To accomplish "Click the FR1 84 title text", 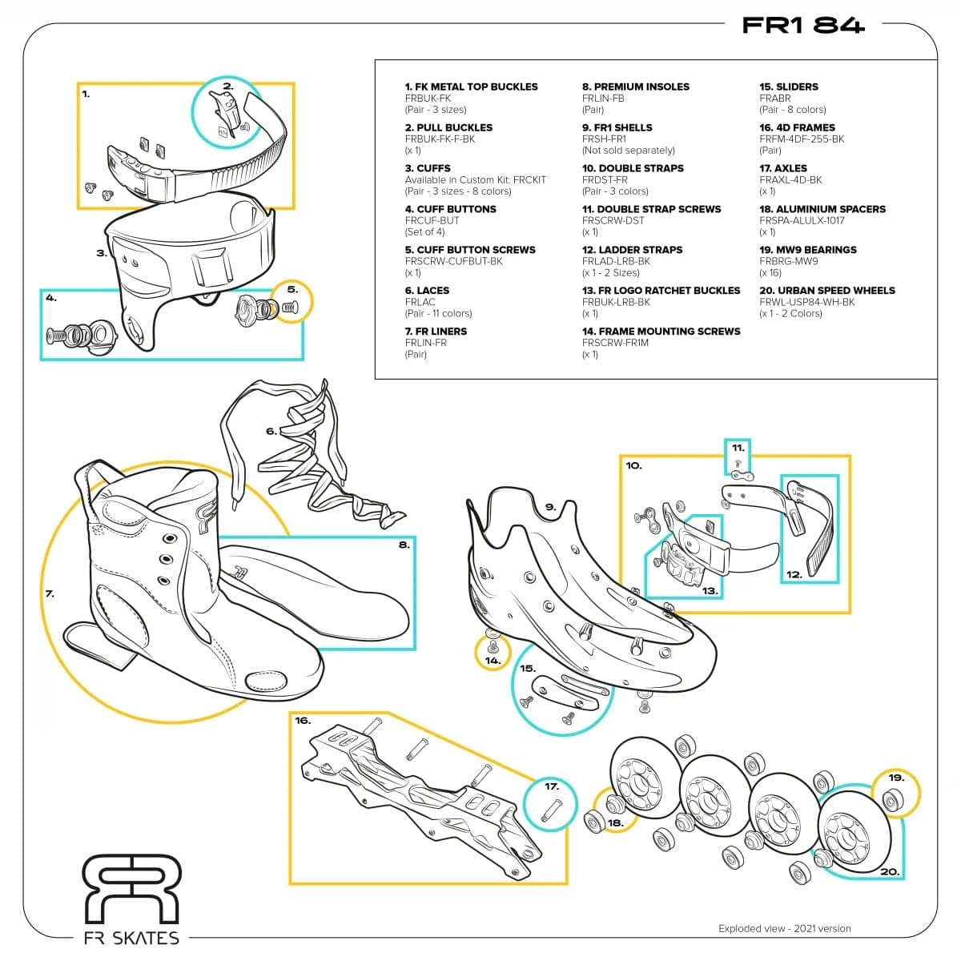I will click(802, 26).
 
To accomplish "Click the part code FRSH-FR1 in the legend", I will click(604, 139).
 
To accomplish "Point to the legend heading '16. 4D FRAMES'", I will click(796, 127).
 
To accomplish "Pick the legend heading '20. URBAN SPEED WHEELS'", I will click(826, 291).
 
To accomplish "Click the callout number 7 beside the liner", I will click(50, 594).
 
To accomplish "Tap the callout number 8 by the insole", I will click(404, 545).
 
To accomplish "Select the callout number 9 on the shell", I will click(550, 507).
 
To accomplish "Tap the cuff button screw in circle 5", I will click(290, 307).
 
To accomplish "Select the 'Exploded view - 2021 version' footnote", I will click(784, 929).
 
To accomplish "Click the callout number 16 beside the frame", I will click(302, 721).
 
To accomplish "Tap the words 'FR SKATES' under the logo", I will click(131, 938).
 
